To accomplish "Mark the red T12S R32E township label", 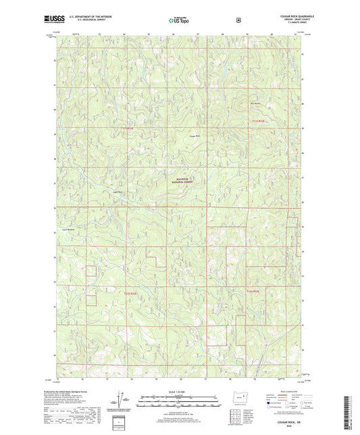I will (251, 291).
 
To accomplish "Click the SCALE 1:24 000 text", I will (179, 388).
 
